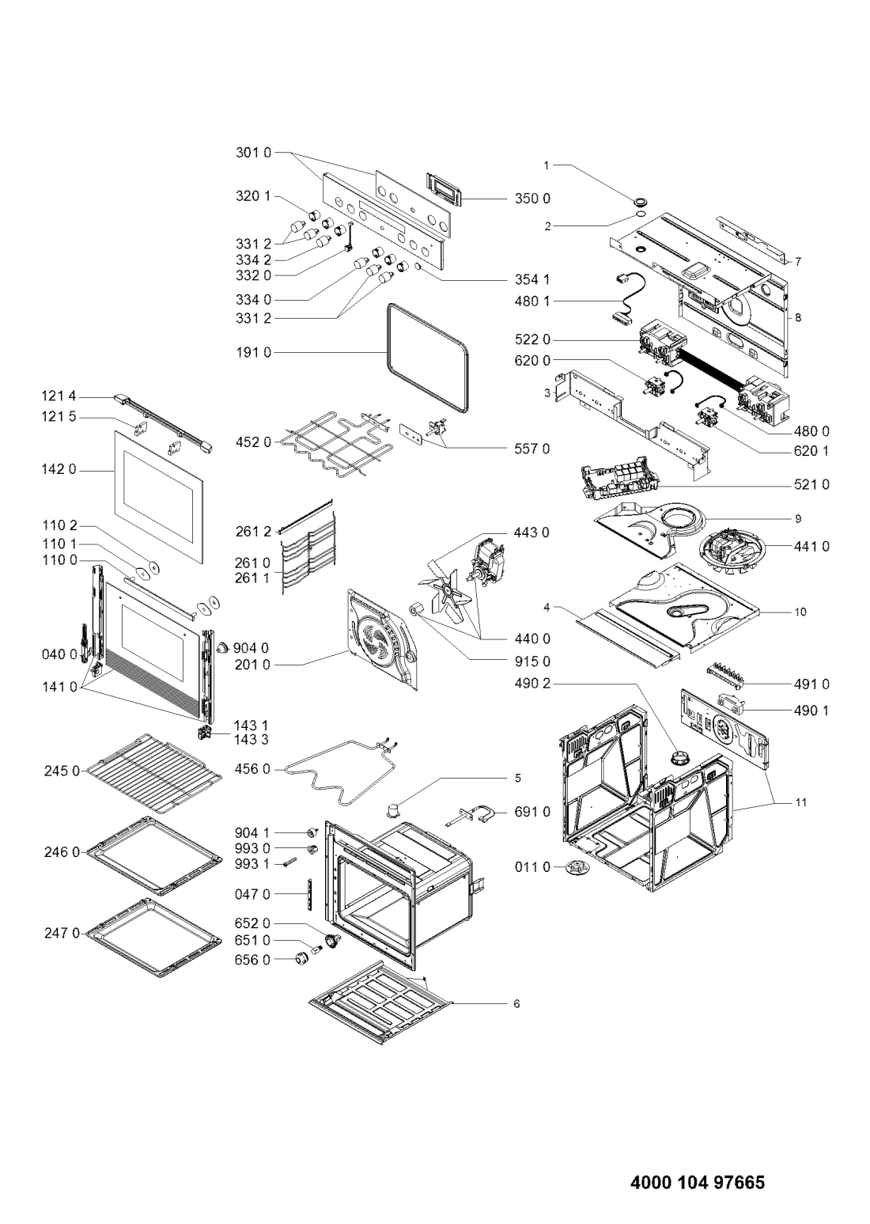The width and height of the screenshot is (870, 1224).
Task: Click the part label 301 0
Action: tap(253, 153)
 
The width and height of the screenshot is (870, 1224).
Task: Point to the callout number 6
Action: tap(516, 1004)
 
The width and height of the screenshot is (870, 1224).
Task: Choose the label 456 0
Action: tap(252, 769)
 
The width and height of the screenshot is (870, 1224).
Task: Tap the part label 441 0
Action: tap(811, 547)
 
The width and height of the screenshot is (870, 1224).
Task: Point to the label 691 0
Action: tap(532, 812)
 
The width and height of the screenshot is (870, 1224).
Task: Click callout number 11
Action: tap(800, 803)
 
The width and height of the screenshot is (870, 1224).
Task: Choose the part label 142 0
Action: tap(59, 469)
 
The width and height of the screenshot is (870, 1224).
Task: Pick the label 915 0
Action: tap(532, 661)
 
